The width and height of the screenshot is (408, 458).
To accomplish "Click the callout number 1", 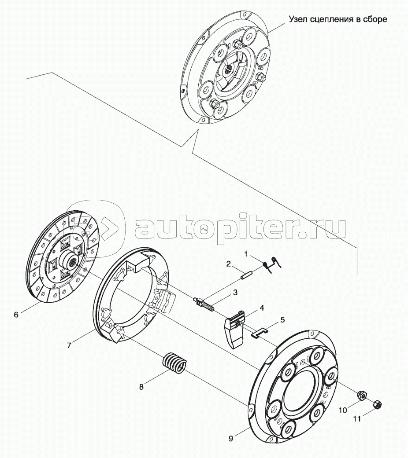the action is point(246,254).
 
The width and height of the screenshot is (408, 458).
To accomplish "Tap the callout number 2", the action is point(228,264).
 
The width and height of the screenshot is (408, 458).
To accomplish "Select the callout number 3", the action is point(235,293).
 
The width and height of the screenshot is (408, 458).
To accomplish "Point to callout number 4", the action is point(261,308).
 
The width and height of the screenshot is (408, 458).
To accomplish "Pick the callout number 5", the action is point(282,319).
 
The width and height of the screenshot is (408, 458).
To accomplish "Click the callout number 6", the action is point(16,315).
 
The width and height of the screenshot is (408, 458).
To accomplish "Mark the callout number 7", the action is point(69,345).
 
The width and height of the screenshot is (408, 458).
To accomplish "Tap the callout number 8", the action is point(141,387).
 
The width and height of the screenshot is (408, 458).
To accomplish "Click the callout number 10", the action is point(343,410).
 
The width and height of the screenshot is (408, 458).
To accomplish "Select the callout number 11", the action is point(357,419).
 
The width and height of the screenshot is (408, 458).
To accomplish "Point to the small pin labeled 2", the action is point(246,275).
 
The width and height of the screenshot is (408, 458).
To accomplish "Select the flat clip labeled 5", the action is point(260,333).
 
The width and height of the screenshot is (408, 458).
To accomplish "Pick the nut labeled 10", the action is point(362,396).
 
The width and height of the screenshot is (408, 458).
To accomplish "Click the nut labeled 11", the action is point(378,405).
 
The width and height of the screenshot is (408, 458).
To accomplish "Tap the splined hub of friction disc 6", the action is point(69,258).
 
